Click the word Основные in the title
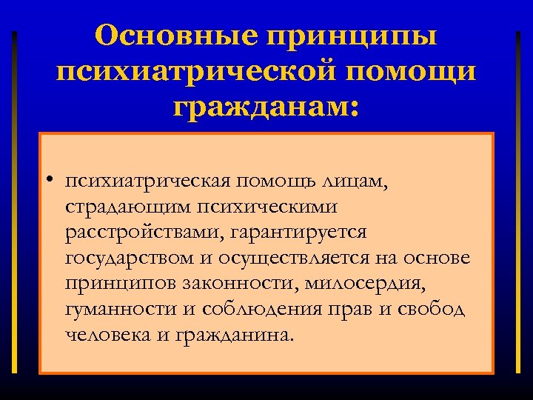click(x=178, y=35)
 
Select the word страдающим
click(x=128, y=207)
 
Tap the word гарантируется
click(x=299, y=233)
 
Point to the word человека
click(x=108, y=334)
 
